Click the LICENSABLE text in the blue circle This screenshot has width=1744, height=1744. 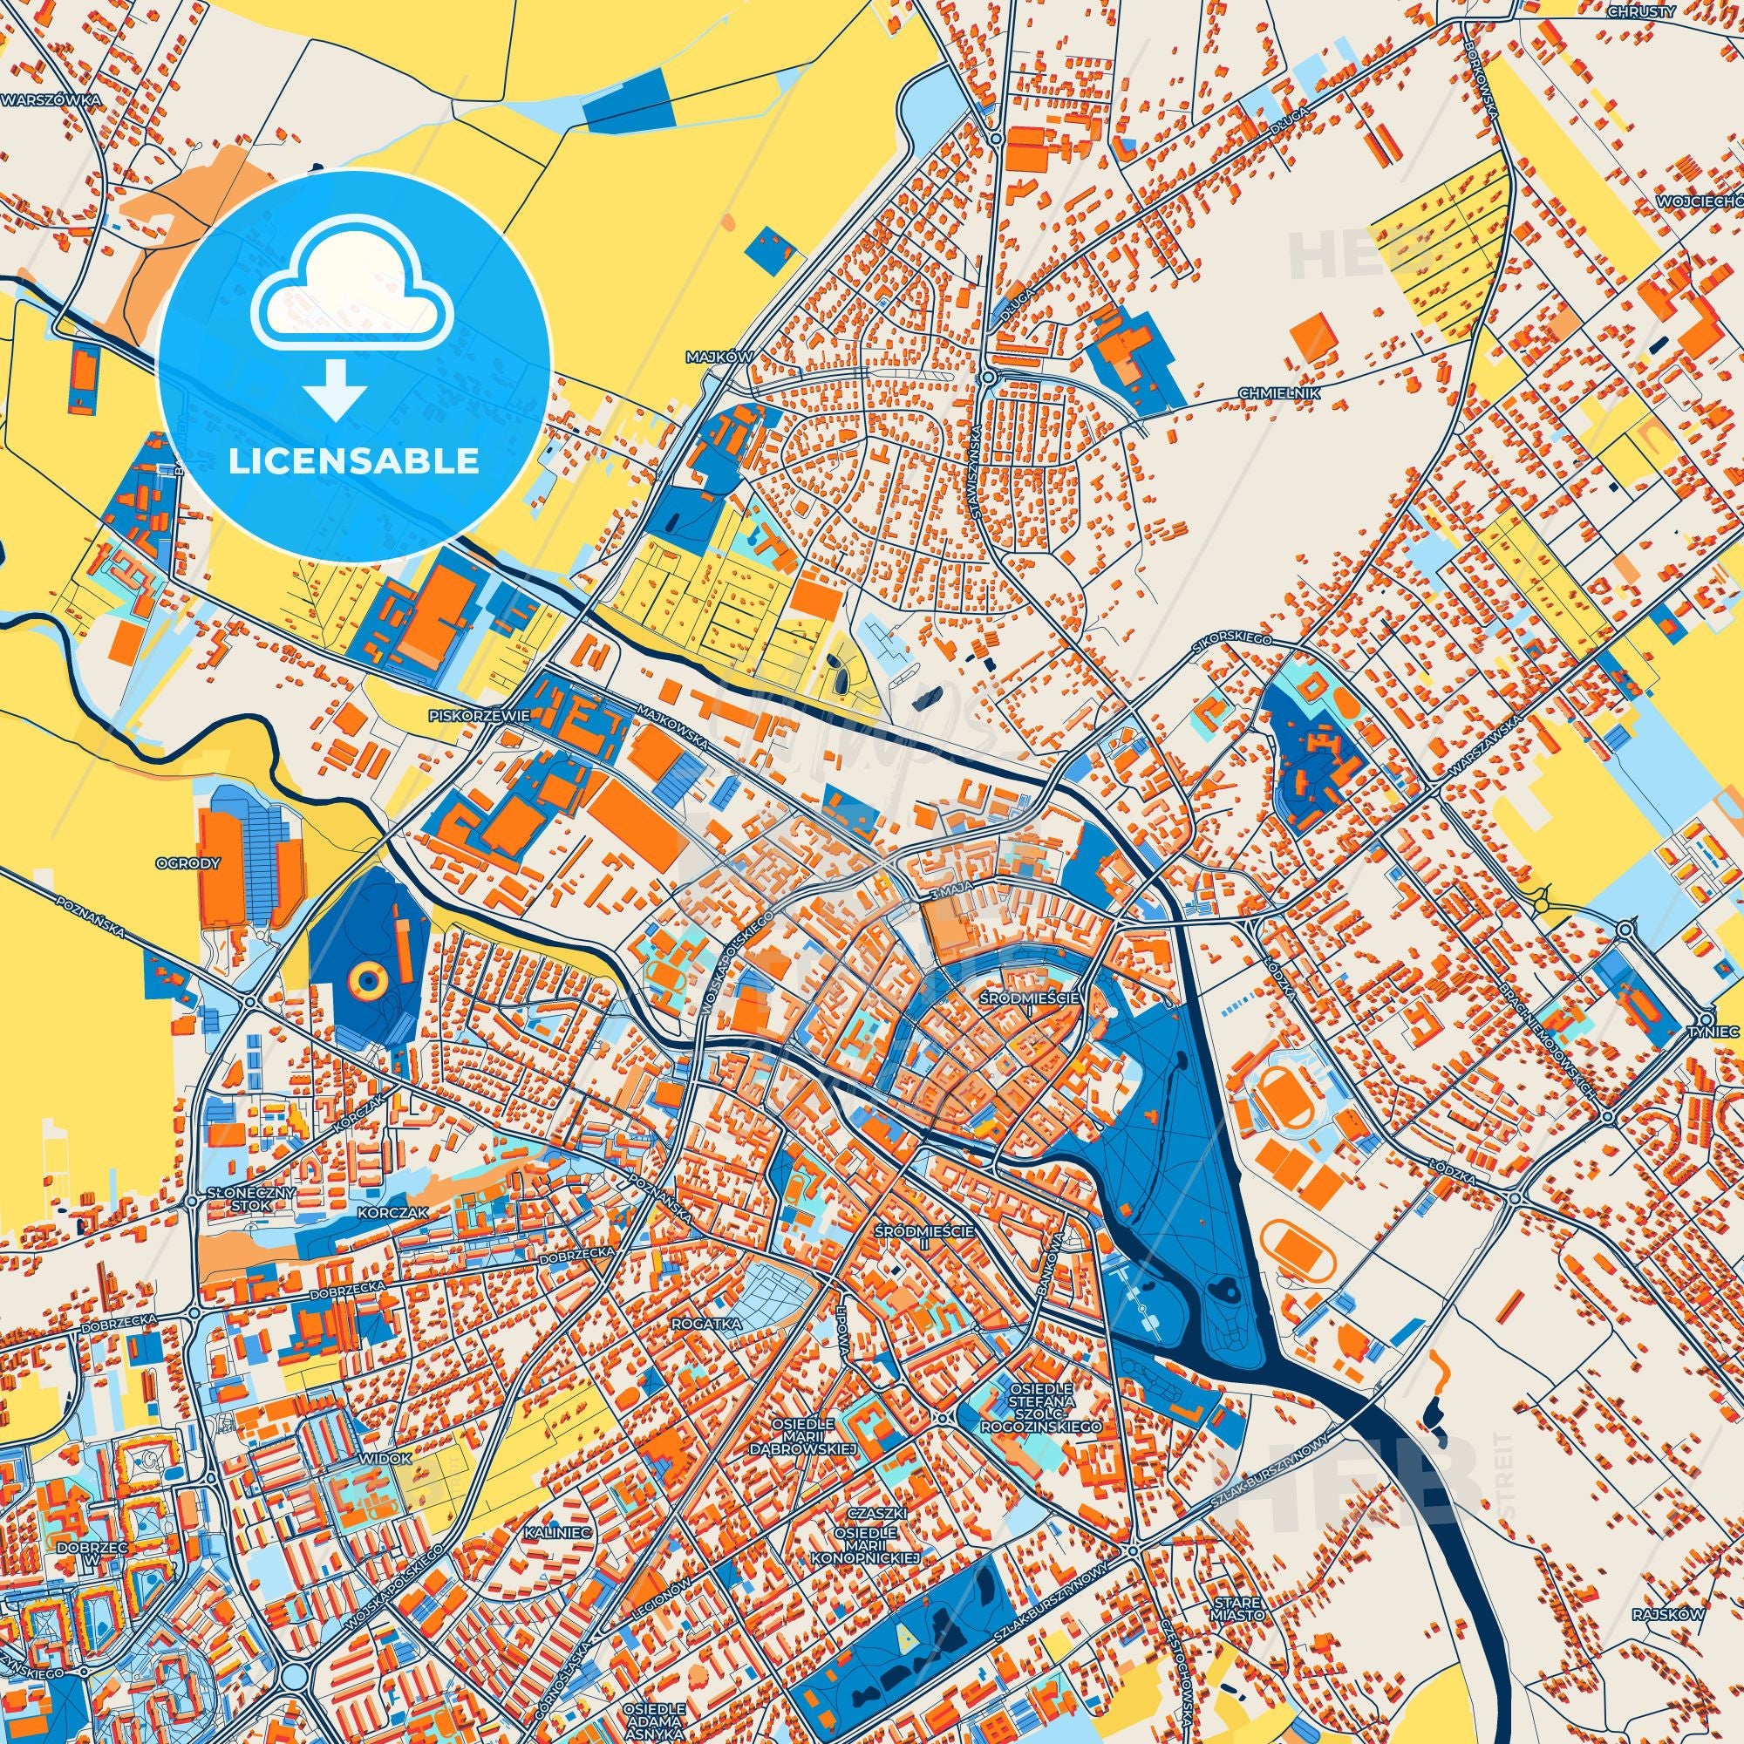coord(354,461)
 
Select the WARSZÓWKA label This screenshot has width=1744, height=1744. coord(49,101)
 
